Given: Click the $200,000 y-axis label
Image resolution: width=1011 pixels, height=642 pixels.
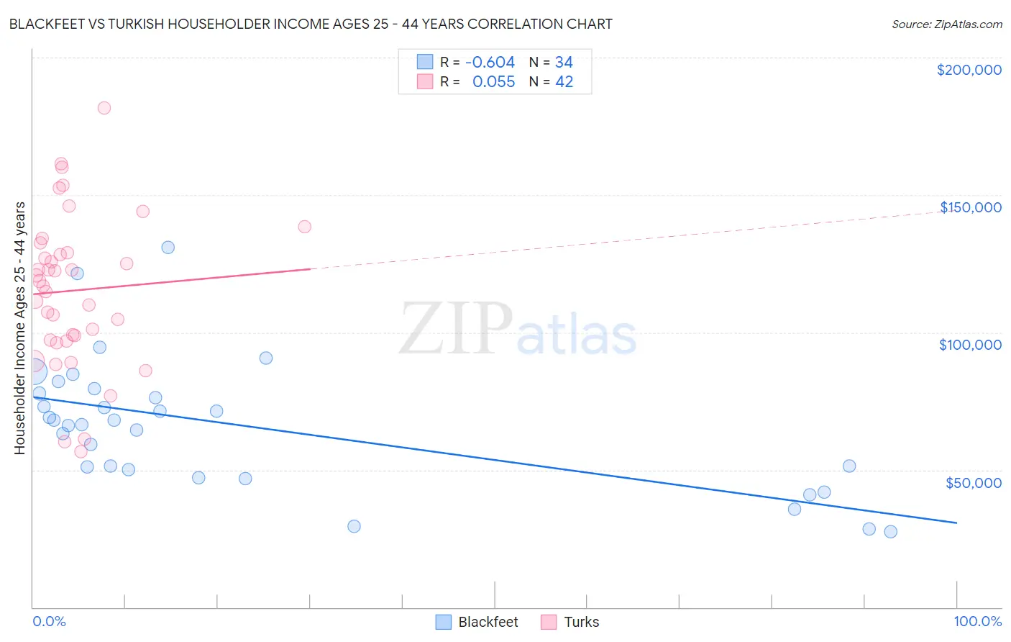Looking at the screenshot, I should [x=969, y=70].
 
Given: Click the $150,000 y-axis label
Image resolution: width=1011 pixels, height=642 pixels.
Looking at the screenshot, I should [x=970, y=207].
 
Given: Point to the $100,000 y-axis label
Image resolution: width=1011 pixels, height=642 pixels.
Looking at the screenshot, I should [x=970, y=345].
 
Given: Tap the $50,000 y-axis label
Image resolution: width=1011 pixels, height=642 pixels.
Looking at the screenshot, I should [x=973, y=483].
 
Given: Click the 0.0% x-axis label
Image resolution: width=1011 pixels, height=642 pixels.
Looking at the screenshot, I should [x=49, y=622].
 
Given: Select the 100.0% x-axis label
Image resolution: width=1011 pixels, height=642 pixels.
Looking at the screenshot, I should [x=977, y=622].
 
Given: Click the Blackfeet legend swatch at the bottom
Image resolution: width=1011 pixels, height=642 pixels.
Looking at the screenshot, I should [x=444, y=622].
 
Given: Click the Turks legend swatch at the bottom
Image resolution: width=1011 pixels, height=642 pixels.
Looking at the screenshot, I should [x=549, y=622].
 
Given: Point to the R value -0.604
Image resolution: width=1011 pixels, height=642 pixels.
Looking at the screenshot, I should [x=490, y=63].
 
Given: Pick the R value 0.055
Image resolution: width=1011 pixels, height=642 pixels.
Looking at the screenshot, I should [x=493, y=82].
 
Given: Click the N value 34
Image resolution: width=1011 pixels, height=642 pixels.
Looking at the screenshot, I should [x=564, y=63].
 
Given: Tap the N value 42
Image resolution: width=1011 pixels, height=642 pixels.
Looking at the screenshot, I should [x=564, y=82].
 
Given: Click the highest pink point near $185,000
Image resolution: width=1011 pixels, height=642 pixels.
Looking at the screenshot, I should [x=104, y=108].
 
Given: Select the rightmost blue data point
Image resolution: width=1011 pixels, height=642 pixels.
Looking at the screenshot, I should [x=890, y=532].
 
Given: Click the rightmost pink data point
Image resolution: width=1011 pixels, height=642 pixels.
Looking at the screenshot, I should [x=304, y=227].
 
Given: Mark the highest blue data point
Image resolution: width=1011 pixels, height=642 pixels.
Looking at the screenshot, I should [x=168, y=248].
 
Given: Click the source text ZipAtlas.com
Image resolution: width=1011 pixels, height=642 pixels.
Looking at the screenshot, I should [x=946, y=24].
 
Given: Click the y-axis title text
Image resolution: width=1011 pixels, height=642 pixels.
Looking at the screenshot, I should [x=20, y=328].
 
